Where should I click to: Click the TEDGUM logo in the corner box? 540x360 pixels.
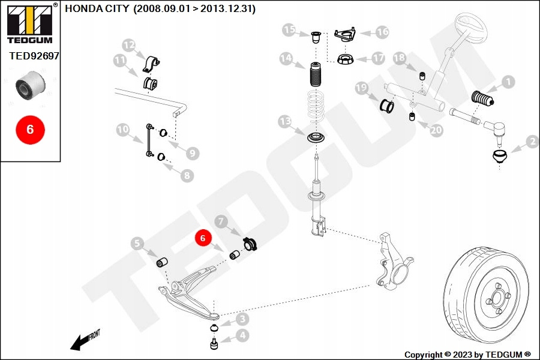30,24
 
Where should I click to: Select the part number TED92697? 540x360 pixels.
34,56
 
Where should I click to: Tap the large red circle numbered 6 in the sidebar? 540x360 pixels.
31,130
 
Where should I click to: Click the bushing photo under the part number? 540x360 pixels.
31,85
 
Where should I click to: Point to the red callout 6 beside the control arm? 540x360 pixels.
203,238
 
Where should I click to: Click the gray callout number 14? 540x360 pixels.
286,59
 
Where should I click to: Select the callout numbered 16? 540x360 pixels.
382,32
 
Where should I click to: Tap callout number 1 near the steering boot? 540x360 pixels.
508,82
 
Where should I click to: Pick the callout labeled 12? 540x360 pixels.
129,45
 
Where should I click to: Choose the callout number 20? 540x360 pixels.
436,130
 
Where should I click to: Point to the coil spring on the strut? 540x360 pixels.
316,106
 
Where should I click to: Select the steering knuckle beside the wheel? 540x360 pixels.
394,261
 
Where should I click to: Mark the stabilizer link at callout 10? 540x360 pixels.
149,140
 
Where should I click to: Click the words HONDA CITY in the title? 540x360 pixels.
97,8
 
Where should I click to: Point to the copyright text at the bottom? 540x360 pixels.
467,355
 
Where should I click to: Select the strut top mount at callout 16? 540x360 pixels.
345,35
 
